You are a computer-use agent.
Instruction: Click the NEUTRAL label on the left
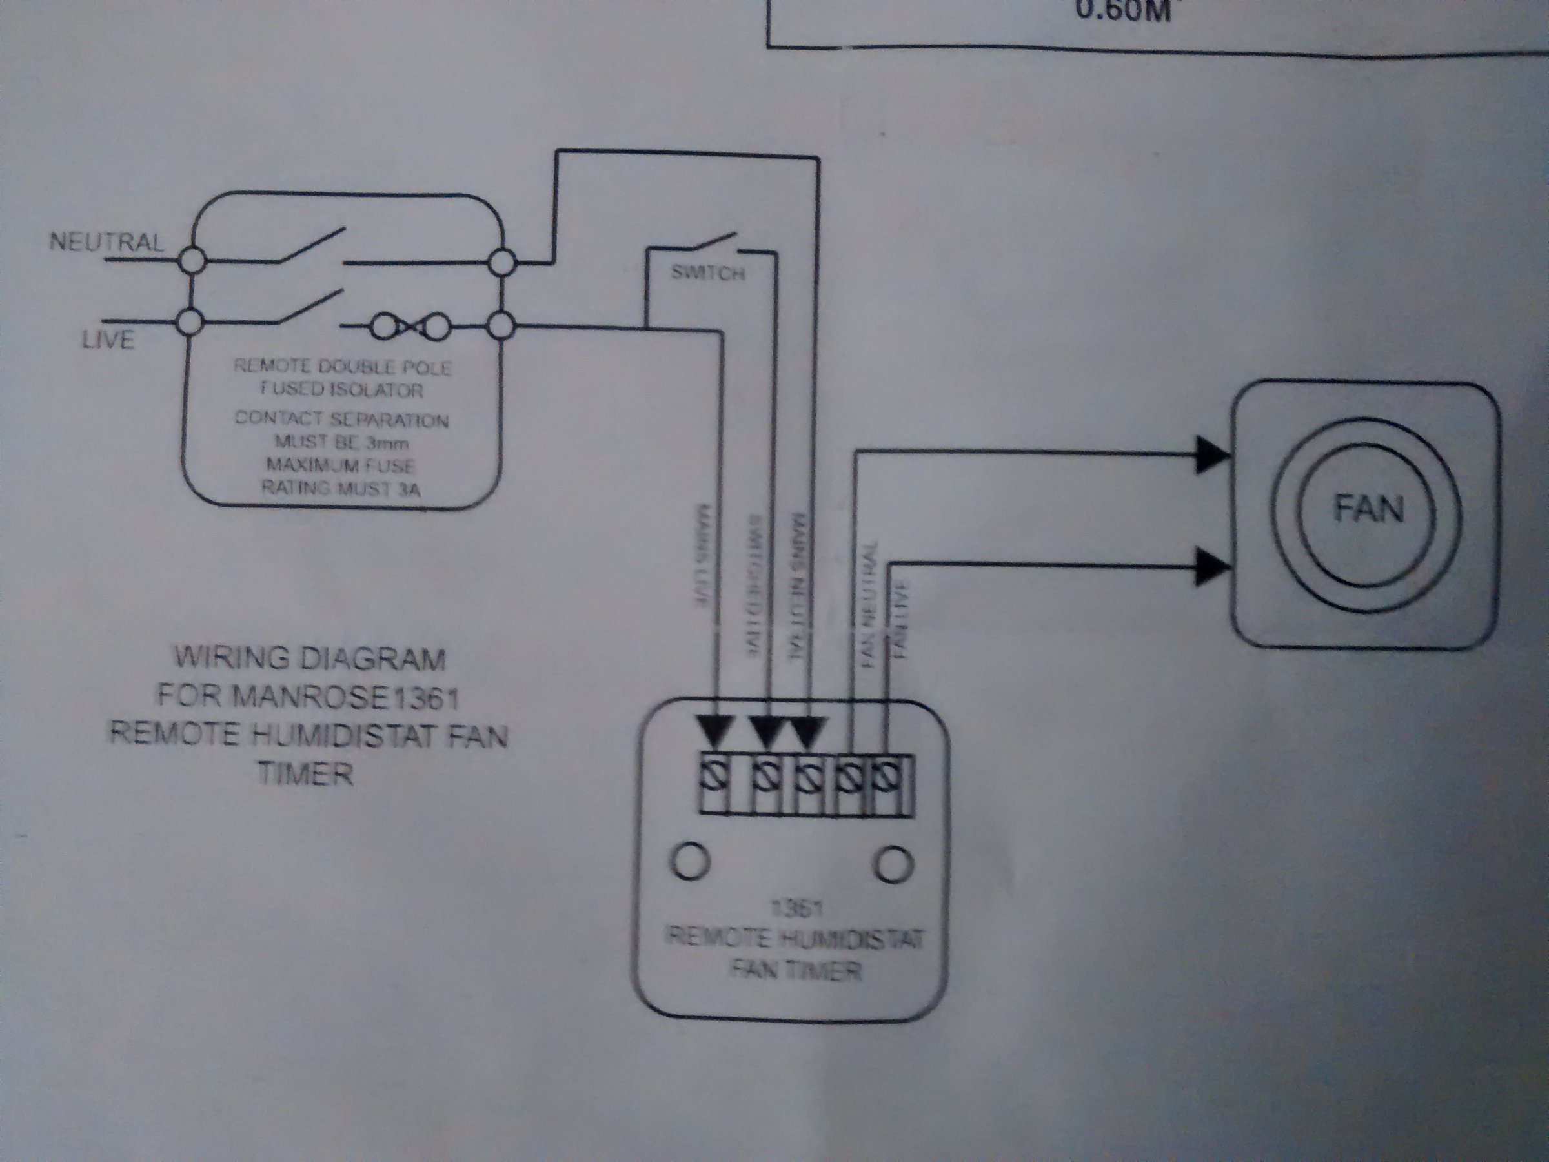coord(106,242)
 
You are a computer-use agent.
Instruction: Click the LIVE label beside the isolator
coord(108,340)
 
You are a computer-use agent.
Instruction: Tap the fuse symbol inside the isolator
coord(410,327)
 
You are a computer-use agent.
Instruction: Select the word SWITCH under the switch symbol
coord(707,273)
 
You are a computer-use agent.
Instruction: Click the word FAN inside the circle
coord(1369,509)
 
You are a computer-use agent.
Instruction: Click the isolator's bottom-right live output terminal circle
coord(501,327)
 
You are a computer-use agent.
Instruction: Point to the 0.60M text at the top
coord(1122,11)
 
